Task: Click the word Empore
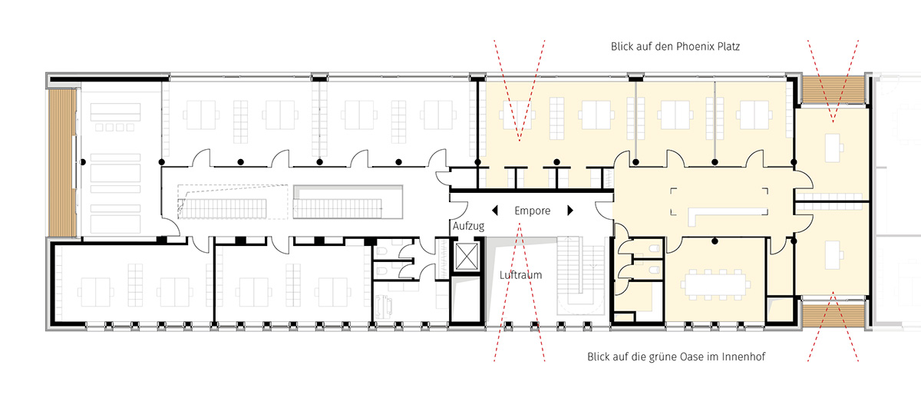(x=533, y=211)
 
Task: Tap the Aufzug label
(x=469, y=226)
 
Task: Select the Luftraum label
(x=520, y=274)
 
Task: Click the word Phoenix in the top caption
(x=695, y=47)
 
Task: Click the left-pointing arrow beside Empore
(x=494, y=211)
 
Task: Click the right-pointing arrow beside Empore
(x=570, y=211)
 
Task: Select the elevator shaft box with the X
(x=467, y=256)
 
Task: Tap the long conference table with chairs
(x=715, y=284)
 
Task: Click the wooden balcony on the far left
(x=62, y=163)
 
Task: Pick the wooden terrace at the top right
(x=833, y=89)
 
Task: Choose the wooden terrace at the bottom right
(x=833, y=314)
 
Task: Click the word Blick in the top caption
(x=622, y=47)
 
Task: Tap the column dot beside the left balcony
(x=83, y=162)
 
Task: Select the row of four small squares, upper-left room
(x=114, y=128)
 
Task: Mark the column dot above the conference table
(x=715, y=241)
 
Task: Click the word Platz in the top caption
(x=728, y=47)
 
